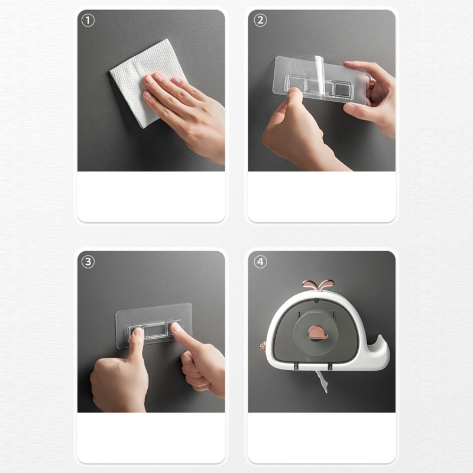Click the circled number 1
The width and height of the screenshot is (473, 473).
coord(88,21)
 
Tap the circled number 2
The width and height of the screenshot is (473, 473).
coord(260,21)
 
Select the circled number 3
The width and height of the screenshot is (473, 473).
coord(88,261)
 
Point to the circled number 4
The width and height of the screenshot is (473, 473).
coord(260,261)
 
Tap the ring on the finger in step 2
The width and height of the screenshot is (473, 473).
coord(372,82)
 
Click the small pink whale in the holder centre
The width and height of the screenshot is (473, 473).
coord(318,332)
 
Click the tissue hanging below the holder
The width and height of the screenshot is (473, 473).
coord(322,381)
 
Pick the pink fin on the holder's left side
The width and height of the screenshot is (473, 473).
coord(263,346)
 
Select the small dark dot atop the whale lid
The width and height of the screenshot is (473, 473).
coord(316,301)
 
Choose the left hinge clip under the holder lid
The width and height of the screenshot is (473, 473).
coord(296,366)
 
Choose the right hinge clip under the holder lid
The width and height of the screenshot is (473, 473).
coord(330,366)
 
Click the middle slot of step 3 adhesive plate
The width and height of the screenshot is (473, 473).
coord(155,332)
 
